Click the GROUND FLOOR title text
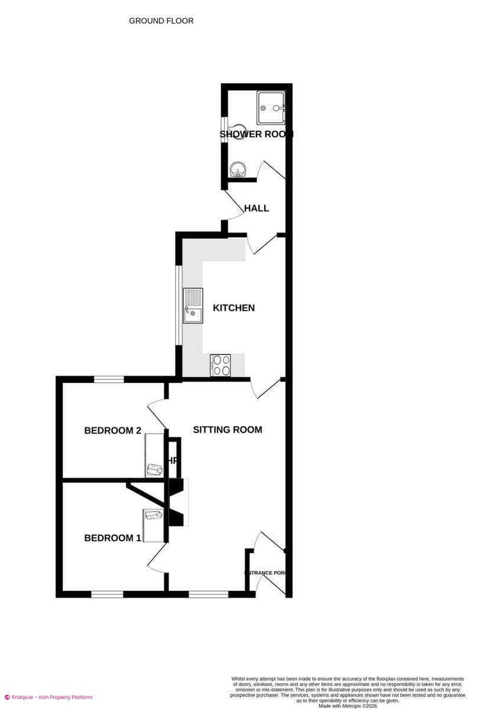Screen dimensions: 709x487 point(161,21)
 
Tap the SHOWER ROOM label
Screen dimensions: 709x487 point(257,134)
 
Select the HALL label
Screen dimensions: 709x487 point(257,208)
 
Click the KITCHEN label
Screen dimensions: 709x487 point(233,308)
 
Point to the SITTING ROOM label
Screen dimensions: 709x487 point(228,430)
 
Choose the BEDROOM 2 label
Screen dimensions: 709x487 point(112,431)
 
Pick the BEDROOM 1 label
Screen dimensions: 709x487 point(112,538)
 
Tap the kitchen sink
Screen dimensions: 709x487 point(193,305)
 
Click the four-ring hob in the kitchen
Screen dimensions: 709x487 point(220,365)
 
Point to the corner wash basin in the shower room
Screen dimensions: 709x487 point(238,170)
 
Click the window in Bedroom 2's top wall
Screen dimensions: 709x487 point(109,379)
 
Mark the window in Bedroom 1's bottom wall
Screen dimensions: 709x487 point(107,594)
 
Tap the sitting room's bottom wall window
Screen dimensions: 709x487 point(208,594)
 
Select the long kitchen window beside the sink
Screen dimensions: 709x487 point(178,305)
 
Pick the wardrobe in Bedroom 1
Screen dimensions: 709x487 point(152,525)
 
